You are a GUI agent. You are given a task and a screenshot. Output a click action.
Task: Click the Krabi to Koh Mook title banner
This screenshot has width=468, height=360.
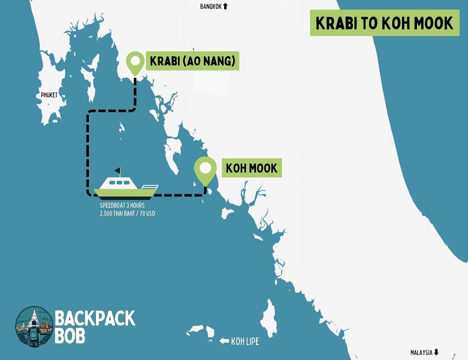(x=384, y=23)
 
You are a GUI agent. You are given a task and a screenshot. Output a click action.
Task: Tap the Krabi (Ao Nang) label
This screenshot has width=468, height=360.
(x=192, y=61)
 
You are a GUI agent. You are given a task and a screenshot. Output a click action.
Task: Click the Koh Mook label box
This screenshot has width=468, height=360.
(x=252, y=168)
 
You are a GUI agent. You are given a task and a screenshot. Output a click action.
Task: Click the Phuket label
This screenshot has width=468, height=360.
(x=49, y=95)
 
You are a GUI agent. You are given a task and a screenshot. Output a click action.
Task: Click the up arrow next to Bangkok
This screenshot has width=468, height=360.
(x=225, y=6)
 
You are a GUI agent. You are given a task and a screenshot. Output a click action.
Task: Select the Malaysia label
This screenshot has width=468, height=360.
(x=421, y=353)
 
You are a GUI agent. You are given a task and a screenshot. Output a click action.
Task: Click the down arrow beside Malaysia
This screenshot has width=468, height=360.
(x=437, y=353)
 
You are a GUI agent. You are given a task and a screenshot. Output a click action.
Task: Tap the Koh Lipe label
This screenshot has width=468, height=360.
(x=245, y=341)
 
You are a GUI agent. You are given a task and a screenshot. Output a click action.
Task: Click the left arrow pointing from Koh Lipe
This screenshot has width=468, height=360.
(x=224, y=341)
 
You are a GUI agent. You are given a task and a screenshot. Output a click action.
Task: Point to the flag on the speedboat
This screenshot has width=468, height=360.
(x=117, y=170)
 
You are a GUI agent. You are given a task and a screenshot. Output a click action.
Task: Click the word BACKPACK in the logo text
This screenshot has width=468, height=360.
(x=95, y=318)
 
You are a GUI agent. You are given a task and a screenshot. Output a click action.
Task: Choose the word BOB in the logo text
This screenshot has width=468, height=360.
(x=70, y=336)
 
